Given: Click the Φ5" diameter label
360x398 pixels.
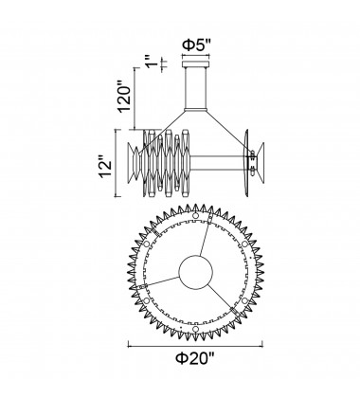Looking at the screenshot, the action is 195,46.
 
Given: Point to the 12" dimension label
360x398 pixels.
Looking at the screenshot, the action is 106,164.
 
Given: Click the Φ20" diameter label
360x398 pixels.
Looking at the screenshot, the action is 195,359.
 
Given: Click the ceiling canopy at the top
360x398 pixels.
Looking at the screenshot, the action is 195,64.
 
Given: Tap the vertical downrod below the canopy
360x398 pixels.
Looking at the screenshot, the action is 195,88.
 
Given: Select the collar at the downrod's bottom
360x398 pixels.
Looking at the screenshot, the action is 195,110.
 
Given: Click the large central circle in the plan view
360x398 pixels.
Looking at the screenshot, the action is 196,272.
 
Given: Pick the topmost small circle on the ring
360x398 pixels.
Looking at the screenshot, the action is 195,216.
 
